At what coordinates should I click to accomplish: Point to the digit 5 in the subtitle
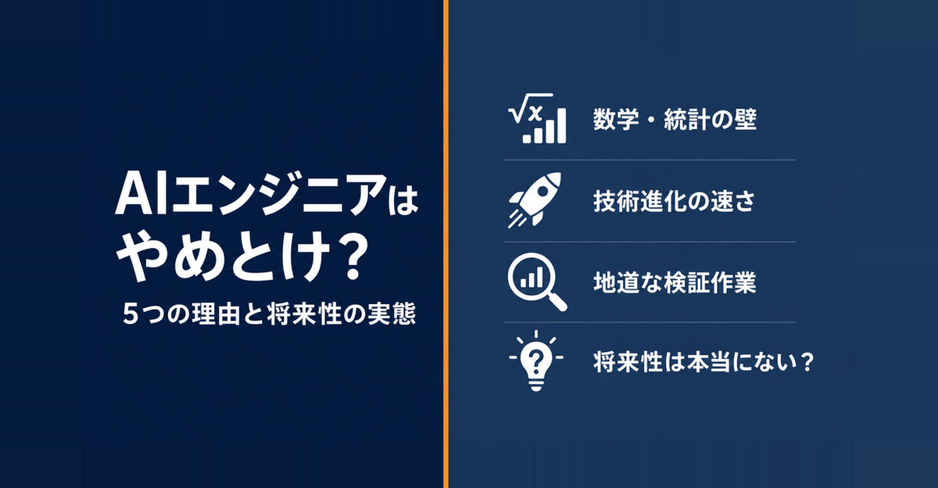[x=131, y=314]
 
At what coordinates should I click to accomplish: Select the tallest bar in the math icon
[x=560, y=126]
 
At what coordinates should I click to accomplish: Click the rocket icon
[x=535, y=199]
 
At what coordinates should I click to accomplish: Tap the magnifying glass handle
[x=557, y=301]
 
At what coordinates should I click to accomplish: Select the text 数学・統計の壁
[x=675, y=120]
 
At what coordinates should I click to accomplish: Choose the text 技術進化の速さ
[x=674, y=201]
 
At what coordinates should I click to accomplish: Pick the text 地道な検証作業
[x=675, y=282]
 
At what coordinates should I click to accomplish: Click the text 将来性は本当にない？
[x=703, y=361]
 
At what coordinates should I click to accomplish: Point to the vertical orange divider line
[x=446, y=244]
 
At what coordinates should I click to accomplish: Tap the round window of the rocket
[x=543, y=191]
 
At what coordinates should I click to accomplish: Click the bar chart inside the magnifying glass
[x=532, y=278]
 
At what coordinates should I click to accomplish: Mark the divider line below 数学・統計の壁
[x=649, y=160]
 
